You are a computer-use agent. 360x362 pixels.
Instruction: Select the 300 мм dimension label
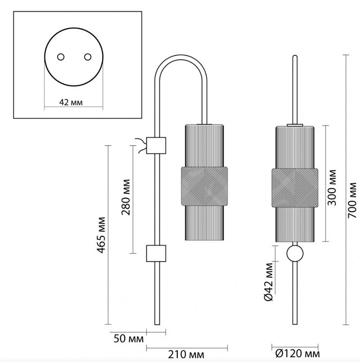click(x=333, y=187)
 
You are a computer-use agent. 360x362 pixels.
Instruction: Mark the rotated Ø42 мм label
click(x=269, y=284)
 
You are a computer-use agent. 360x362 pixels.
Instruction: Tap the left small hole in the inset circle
click(x=60, y=57)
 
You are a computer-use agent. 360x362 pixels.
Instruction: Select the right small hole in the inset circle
click(x=87, y=57)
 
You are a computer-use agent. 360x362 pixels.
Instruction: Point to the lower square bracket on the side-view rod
click(x=157, y=253)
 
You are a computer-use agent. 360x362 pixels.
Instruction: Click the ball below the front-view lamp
click(x=295, y=254)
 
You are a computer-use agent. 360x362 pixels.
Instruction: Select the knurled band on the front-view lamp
click(x=295, y=186)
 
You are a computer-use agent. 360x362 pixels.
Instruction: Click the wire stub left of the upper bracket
click(x=142, y=145)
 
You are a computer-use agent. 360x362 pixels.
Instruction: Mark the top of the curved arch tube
click(x=182, y=57)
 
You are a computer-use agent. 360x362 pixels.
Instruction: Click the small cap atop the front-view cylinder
click(x=295, y=123)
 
